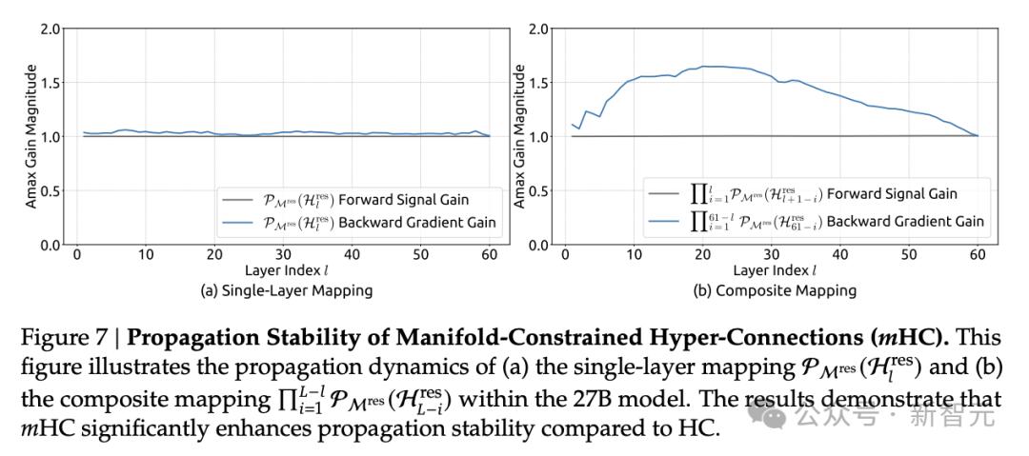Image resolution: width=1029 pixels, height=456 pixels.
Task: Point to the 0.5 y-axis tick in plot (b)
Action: [538, 191]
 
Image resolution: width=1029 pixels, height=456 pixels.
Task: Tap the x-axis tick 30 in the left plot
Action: [283, 255]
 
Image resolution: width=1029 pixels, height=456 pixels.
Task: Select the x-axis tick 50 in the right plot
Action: [909, 255]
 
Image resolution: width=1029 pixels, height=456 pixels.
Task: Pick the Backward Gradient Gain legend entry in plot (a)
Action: [379, 222]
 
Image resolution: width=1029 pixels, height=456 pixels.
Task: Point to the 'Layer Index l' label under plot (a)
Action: [283, 271]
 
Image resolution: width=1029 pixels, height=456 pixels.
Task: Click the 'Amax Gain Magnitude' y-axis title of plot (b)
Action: [519, 136]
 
